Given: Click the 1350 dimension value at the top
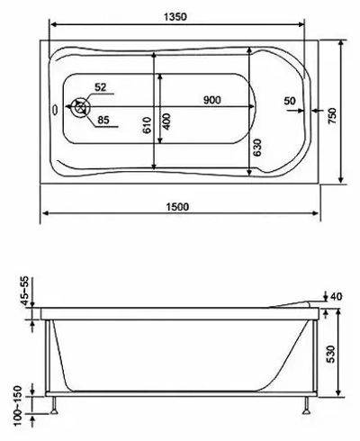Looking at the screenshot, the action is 175,17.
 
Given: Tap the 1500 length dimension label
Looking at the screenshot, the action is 177,207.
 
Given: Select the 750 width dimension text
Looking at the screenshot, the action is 332,116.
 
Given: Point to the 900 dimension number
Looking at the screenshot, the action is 212,100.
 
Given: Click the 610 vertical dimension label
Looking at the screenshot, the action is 147,125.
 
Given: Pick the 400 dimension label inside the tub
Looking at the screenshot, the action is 166,121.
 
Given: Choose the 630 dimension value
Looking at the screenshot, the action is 256,148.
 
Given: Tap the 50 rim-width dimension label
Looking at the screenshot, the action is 290,101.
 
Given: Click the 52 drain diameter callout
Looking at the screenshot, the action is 101,87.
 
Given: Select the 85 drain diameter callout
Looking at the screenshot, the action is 103,120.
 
